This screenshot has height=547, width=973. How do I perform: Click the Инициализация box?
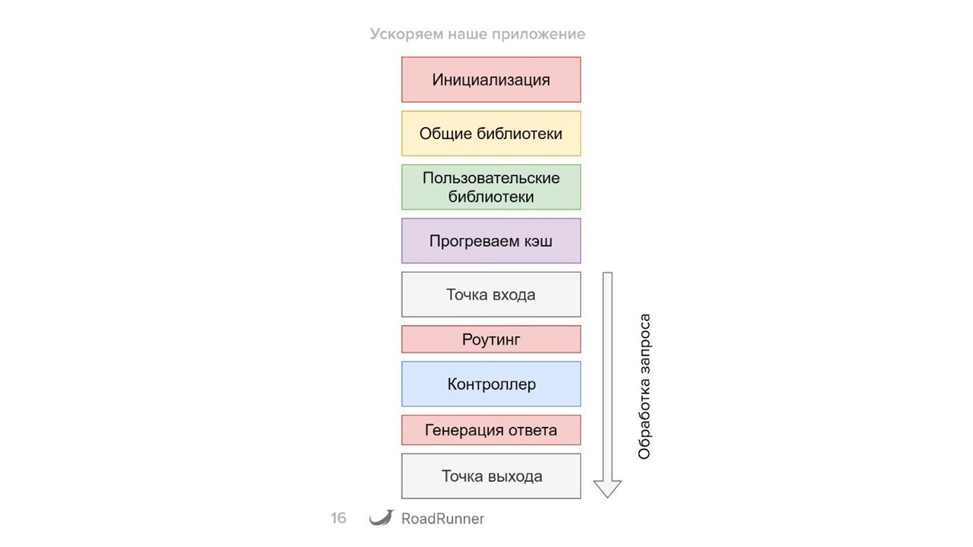pos(491,80)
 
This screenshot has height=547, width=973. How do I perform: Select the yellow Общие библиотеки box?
pos(491,134)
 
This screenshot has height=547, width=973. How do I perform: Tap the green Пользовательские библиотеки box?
pos(491,187)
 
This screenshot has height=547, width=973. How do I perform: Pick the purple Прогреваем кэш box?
pos(491,241)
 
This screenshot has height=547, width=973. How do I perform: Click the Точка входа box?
pos(491,295)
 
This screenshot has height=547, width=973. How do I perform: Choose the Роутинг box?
pos(491,340)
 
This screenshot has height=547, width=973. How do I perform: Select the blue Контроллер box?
pos(491,384)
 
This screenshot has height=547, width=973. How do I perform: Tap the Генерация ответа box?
pos(491,430)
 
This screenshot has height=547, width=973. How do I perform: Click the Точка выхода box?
pos(491,476)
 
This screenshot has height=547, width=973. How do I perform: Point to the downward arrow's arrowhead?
pos(607,489)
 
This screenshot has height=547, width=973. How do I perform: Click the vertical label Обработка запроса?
pos(645,387)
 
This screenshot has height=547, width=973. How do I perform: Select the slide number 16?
pos(338,518)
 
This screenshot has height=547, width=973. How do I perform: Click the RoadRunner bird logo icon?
pos(382,517)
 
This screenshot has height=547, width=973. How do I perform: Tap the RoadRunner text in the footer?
pos(442,519)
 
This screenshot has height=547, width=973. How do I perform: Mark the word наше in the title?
pos(467,34)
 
